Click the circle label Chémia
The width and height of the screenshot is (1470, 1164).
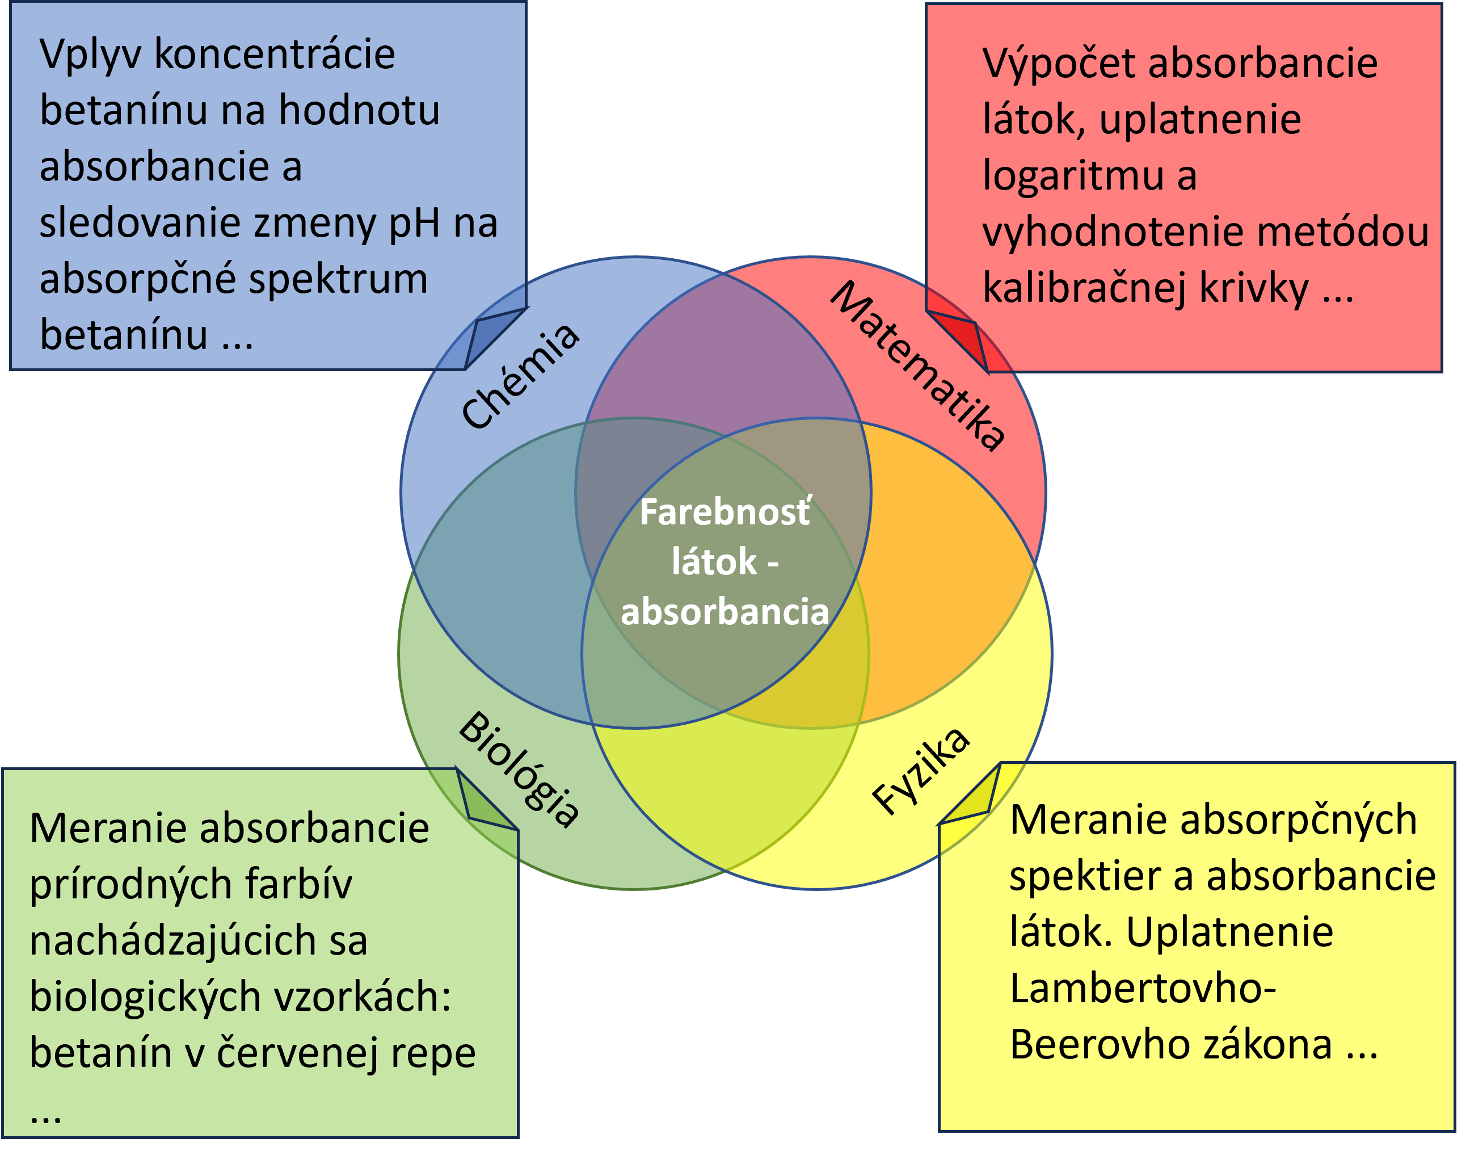click(520, 377)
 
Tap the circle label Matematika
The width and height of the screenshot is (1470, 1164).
click(917, 366)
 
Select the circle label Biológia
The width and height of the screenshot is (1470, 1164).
click(520, 769)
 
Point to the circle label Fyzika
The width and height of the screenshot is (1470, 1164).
click(921, 771)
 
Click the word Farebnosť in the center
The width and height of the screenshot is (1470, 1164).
click(725, 512)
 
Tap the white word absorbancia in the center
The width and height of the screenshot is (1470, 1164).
click(725, 611)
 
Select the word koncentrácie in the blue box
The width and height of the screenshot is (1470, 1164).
click(275, 54)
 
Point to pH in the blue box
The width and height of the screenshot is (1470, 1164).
click(415, 223)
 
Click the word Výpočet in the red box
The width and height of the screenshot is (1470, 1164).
click(1059, 64)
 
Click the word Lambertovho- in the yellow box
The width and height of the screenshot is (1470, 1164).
click(1142, 988)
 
